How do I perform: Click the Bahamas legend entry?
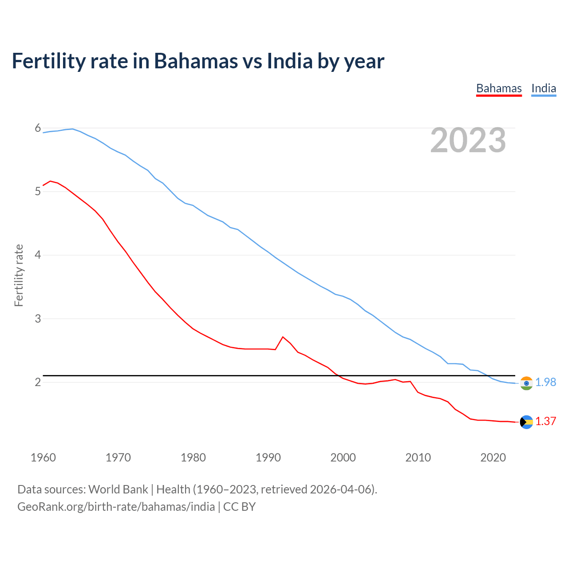coord(499,88)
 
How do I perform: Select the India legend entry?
coord(544,88)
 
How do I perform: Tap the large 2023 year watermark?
coord(468,140)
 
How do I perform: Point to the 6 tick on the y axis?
coord(38,128)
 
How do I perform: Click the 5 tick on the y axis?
coord(38,192)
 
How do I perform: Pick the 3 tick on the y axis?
coord(38,319)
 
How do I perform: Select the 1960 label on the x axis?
coord(43,458)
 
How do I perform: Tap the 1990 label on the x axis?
coord(268,458)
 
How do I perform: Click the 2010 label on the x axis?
coord(418,458)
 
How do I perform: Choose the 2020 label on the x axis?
coord(493,458)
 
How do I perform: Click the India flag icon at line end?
coord(526,383)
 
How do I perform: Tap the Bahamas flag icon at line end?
coord(526,422)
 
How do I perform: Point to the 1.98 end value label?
coord(545,382)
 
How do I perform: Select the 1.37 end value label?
coord(545,421)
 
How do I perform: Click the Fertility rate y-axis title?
coord(19,275)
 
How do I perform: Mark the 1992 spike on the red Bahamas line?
coord(283,337)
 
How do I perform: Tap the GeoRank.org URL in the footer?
coord(116,506)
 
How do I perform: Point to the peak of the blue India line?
coord(73,129)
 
